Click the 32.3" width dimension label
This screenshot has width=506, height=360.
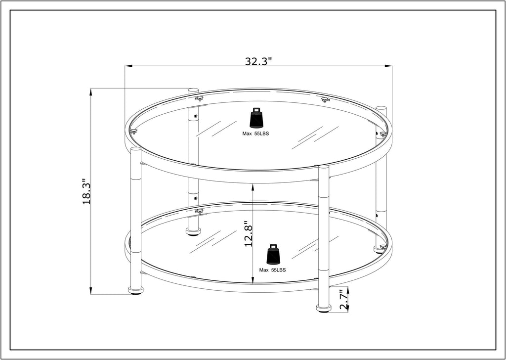[x=258, y=61]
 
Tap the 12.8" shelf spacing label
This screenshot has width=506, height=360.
[x=248, y=234]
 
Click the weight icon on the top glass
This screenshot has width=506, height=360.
[x=256, y=118]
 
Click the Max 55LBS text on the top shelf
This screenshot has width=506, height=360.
[x=255, y=134]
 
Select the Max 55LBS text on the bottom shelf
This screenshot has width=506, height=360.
[x=272, y=270]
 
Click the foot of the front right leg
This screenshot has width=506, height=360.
[x=324, y=308]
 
